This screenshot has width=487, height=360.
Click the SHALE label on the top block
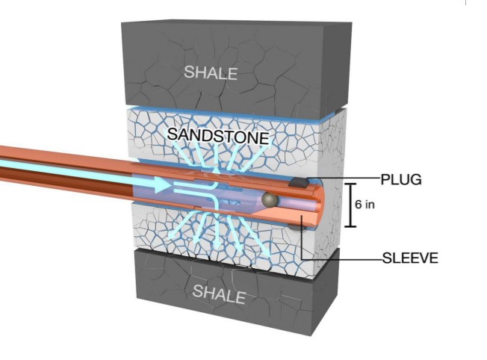211,72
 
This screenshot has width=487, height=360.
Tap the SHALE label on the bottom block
219,293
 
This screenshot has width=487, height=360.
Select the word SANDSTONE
217,136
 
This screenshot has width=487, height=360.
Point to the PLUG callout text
401,179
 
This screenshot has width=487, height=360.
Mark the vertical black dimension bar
347,204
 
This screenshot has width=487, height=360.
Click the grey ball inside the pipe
270,199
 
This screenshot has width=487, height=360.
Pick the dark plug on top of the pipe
299,181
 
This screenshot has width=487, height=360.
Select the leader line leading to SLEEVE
344,258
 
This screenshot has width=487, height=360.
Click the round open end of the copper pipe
312,202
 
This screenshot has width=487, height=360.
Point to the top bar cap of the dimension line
347,183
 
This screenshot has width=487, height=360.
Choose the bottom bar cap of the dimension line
347,226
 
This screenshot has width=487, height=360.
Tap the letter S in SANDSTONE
172,136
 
